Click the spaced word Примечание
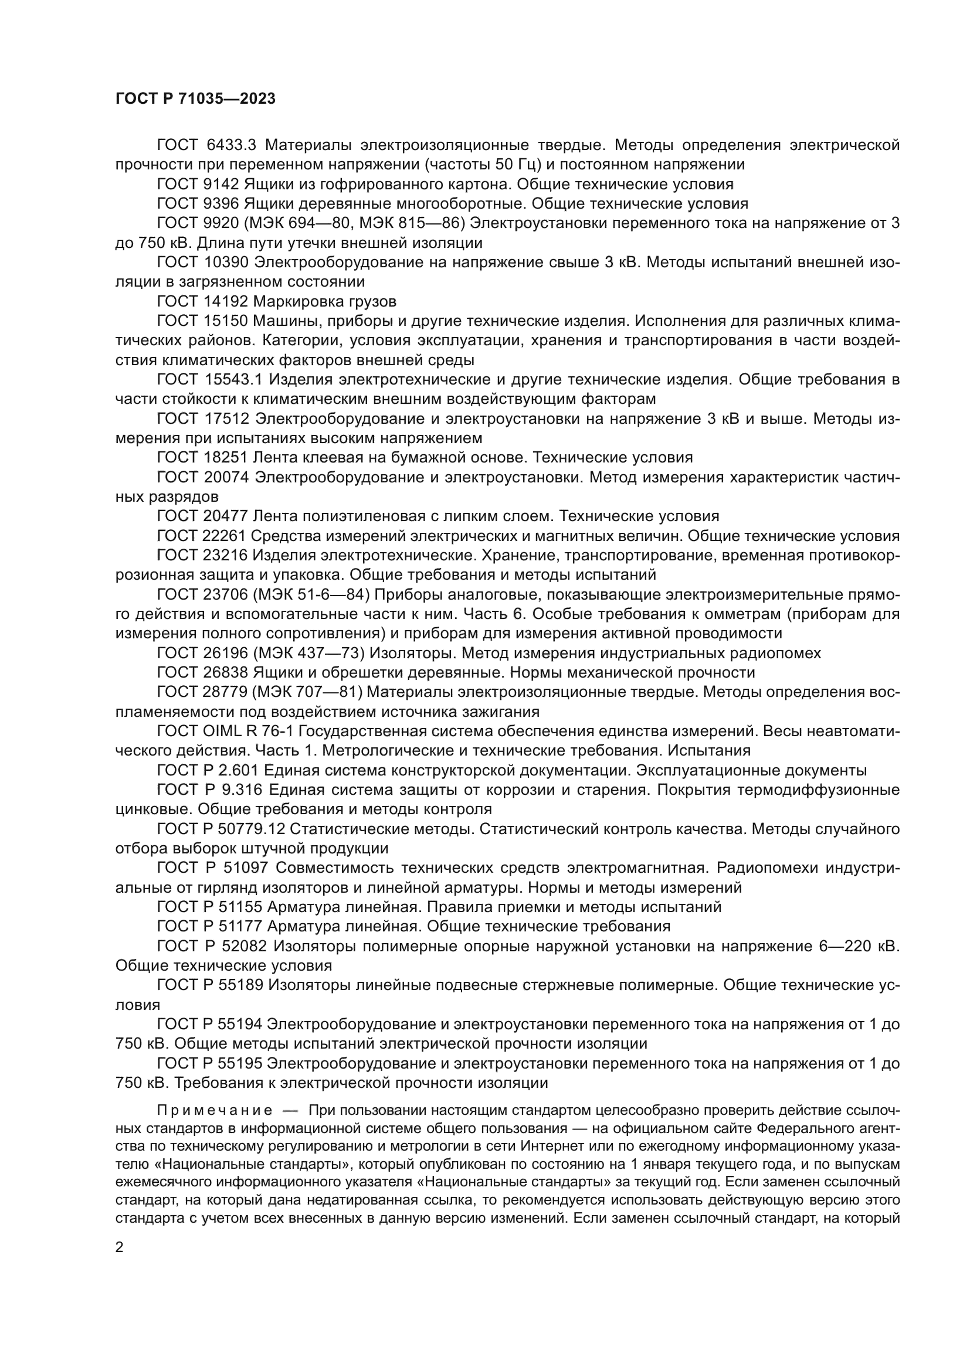tap(215, 1111)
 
